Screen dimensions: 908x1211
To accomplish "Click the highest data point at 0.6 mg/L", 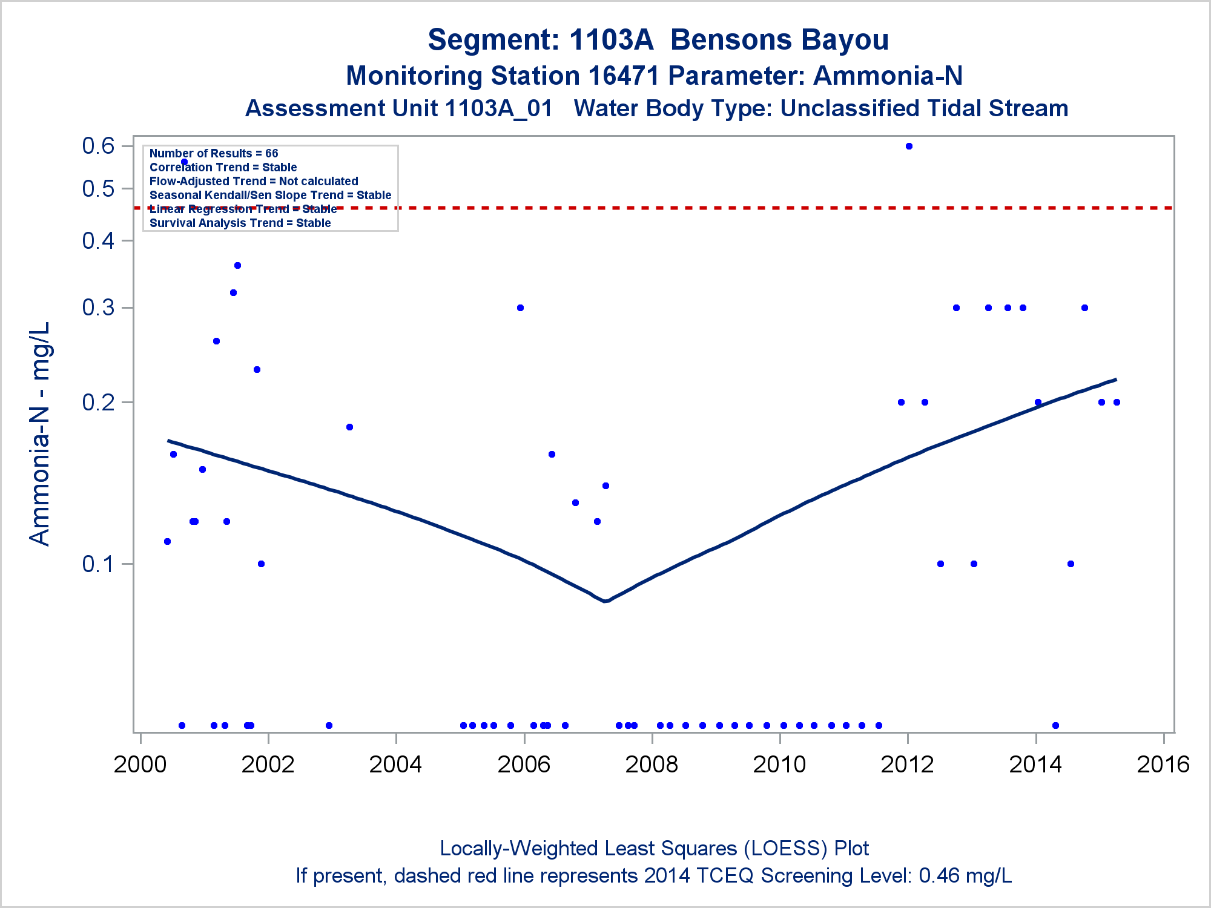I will pos(909,146).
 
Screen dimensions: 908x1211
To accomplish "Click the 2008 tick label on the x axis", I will pos(652,765).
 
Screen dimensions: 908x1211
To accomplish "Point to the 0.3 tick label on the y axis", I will pos(99,308).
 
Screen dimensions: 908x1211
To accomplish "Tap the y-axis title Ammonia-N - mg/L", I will pos(40,433).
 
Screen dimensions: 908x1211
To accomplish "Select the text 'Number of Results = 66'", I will pos(214,154).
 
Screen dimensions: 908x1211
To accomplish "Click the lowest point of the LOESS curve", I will pos(604,600).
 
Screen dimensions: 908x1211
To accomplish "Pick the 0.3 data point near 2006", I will pos(520,308).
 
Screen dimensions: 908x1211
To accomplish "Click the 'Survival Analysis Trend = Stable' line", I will pos(240,223).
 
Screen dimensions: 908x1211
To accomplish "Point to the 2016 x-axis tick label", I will pos(1163,765).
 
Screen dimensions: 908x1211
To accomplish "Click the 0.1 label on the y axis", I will pos(99,564).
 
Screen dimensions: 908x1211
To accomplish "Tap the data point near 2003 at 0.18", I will pos(349,427).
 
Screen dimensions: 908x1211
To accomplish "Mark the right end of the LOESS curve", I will pos(1115,380).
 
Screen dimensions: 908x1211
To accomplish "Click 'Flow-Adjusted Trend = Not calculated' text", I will pos(254,182).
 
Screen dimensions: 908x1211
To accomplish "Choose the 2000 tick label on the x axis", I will pos(140,765).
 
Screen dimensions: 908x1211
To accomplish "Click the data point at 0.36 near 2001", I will pos(237,265).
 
